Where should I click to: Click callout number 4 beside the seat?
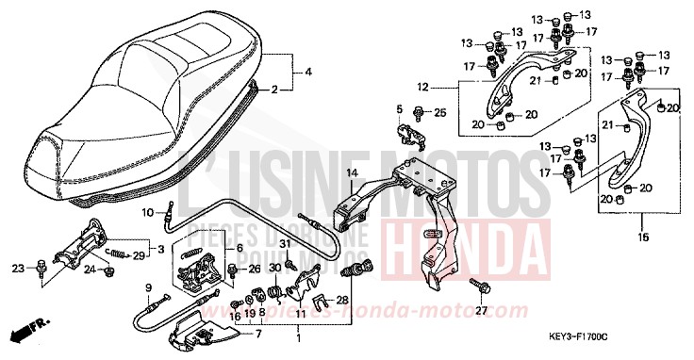coord(308,73)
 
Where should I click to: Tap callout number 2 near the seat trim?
coord(274,90)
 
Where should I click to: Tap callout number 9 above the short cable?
coord(148,286)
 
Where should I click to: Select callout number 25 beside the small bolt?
coord(439,113)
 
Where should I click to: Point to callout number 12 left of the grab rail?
coord(449,87)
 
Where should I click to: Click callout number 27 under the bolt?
coord(481,309)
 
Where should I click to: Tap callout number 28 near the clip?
coord(342,300)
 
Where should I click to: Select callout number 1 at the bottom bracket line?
coord(300,336)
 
